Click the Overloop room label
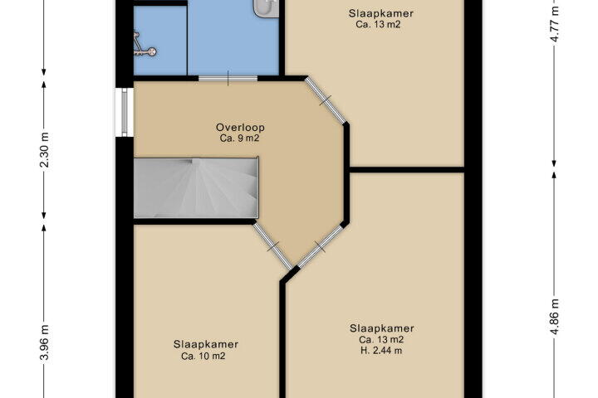pyautogui.click(x=240, y=127)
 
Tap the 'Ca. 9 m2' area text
pyautogui.click(x=239, y=138)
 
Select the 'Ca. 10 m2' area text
pyautogui.click(x=203, y=357)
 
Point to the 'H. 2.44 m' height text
pyautogui.click(x=381, y=351)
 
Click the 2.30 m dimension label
pyautogui.click(x=44, y=150)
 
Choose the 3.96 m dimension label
pyautogui.click(x=44, y=342)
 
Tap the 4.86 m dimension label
pyautogui.click(x=555, y=317)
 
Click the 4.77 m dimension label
pyautogui.click(x=555, y=23)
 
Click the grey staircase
pyautogui.click(x=196, y=187)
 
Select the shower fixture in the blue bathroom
pyautogui.click(x=144, y=46)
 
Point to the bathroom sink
pyautogui.click(x=267, y=8)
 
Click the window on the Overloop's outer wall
pyautogui.click(x=125, y=112)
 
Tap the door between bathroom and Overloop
pyautogui.click(x=228, y=79)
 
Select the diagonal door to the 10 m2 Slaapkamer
pyautogui.click(x=273, y=246)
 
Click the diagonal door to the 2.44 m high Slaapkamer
pyautogui.click(x=320, y=247)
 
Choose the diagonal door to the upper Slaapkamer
pyautogui.click(x=326, y=100)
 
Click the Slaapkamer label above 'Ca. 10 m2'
pyautogui.click(x=206, y=344)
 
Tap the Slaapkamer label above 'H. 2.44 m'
pyautogui.click(x=382, y=328)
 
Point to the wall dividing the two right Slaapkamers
pyautogui.click(x=406, y=169)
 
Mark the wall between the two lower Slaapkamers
pyautogui.click(x=283, y=339)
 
